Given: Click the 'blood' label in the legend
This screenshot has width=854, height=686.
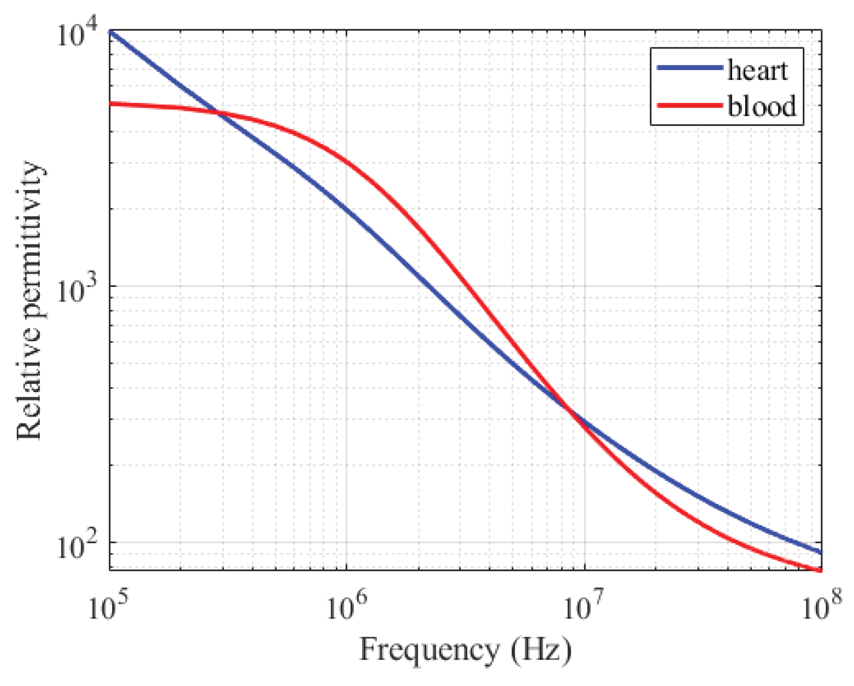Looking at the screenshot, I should pyautogui.click(x=761, y=106).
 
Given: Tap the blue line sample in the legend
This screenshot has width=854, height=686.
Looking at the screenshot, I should pyautogui.click(x=690, y=67).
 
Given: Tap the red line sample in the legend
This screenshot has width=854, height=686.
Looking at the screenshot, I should pyautogui.click(x=690, y=105).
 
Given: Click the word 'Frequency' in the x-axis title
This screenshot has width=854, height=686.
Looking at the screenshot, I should pyautogui.click(x=429, y=650).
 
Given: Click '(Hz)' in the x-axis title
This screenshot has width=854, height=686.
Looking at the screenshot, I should pyautogui.click(x=541, y=650).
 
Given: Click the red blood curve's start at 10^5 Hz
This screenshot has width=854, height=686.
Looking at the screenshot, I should pyautogui.click(x=110, y=104).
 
